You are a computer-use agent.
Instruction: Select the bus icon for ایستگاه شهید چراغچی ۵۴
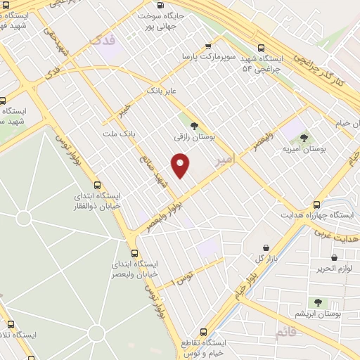coord(261,48)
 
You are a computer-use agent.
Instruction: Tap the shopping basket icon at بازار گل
coord(266,247)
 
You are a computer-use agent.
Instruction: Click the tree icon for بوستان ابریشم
coord(318,302)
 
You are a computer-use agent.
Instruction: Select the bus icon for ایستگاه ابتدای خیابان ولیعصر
coord(134,252)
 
